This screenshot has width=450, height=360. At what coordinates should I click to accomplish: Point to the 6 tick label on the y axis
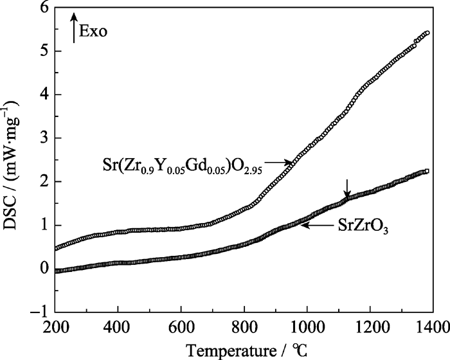[44, 8]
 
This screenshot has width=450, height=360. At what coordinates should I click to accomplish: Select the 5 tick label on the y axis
[44, 51]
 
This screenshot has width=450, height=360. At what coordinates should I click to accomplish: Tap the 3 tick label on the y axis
[44, 138]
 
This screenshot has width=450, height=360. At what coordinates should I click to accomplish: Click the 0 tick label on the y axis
[44, 269]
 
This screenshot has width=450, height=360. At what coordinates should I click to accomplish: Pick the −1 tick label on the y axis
[40, 312]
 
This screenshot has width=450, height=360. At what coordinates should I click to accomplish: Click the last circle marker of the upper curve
[427, 33]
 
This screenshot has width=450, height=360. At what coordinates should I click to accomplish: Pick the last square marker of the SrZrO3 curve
[427, 171]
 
